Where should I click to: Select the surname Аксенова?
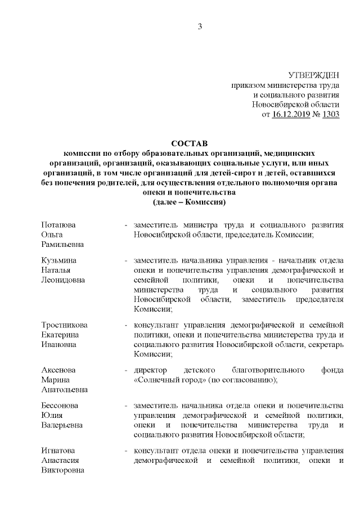(x=59, y=370)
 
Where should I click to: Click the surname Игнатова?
(x=60, y=451)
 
